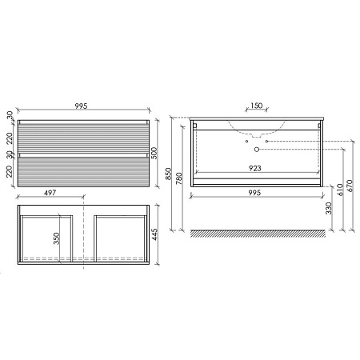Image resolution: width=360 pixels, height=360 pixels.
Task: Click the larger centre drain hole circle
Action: (x=255, y=150)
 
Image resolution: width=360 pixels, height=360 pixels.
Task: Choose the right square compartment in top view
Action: (x=119, y=237)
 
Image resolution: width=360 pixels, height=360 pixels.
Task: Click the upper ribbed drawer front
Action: (x=82, y=134)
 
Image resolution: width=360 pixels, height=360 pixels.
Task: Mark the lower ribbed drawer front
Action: (x=82, y=170)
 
